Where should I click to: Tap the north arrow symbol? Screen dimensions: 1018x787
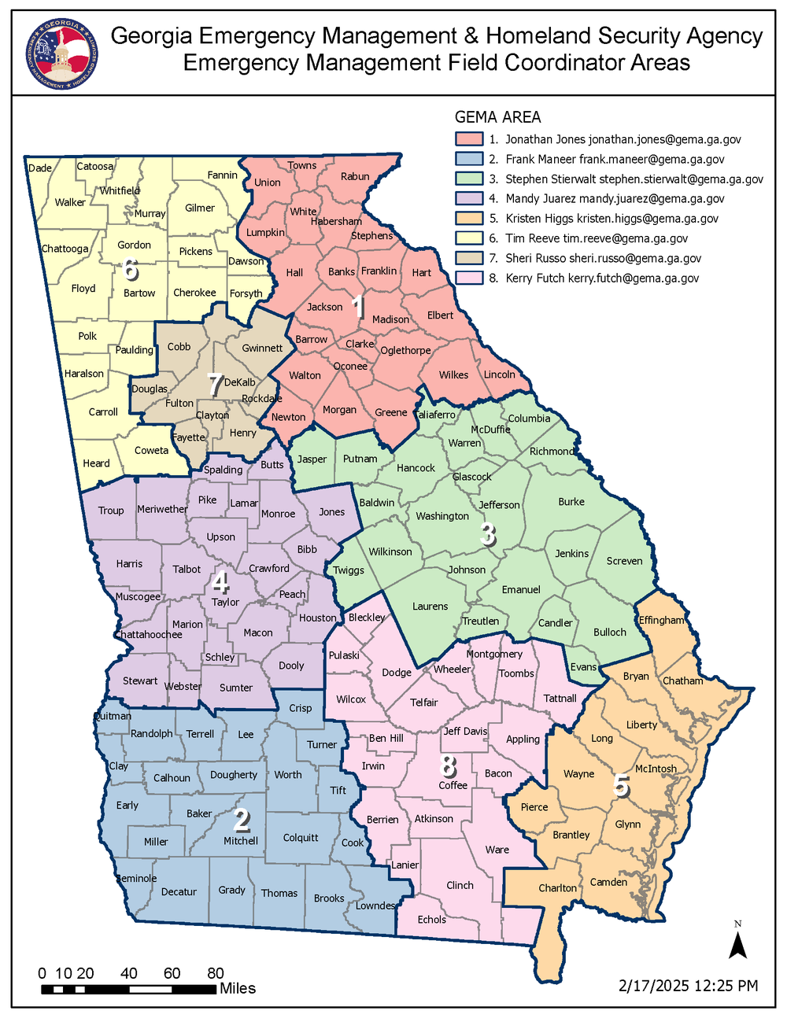[737, 942]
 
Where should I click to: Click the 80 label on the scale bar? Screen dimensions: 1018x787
[216, 973]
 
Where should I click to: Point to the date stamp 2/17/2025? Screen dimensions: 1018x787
[654, 986]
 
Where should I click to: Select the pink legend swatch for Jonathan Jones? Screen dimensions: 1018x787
[469, 139]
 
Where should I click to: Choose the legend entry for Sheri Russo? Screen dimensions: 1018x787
[603, 258]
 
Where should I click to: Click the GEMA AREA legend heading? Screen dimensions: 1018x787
[497, 117]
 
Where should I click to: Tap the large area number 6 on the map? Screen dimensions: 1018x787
[131, 270]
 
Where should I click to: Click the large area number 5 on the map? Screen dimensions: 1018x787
[621, 785]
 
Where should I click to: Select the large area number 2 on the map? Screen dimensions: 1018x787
[242, 821]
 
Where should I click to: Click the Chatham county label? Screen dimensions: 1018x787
[682, 681]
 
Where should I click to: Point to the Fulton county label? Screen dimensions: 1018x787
[179, 403]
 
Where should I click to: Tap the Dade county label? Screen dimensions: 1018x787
[40, 168]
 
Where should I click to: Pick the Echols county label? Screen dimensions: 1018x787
[431, 919]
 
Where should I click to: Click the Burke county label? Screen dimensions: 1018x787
[571, 501]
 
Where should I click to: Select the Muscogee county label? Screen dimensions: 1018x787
[138, 596]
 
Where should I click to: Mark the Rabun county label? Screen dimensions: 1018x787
[355, 176]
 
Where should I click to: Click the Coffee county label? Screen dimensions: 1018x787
[453, 785]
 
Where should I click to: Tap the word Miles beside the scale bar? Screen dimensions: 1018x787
[238, 988]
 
